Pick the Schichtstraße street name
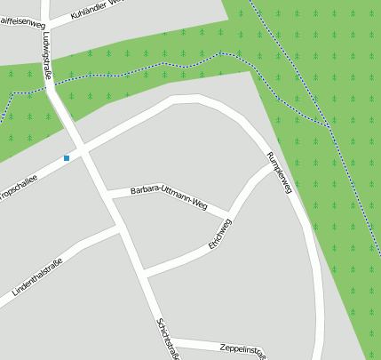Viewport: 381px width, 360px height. click(x=168, y=339)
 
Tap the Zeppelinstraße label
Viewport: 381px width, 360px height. click(x=242, y=348)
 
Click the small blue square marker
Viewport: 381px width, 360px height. click(x=67, y=158)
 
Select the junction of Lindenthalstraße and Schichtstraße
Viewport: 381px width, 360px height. click(x=118, y=228)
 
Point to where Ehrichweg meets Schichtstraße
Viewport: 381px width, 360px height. click(x=144, y=274)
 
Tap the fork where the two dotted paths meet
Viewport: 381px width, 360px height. click(x=329, y=124)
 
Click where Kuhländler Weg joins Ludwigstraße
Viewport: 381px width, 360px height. click(x=45, y=25)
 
